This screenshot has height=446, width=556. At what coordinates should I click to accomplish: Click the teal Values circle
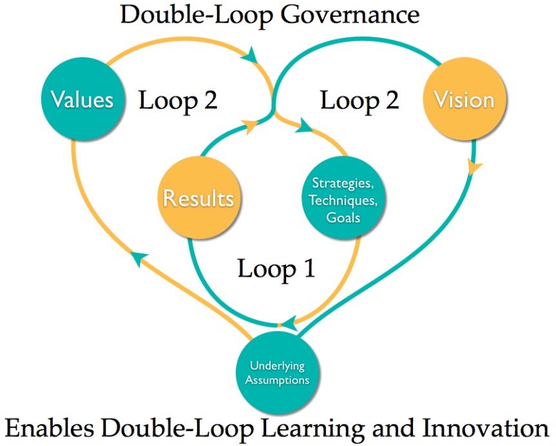pyautogui.click(x=82, y=100)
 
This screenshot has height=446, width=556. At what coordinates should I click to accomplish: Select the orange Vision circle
pyautogui.click(x=464, y=100)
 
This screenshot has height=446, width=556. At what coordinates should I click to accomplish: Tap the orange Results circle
pyautogui.click(x=198, y=198)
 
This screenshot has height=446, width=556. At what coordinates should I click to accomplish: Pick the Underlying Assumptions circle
pyautogui.click(x=279, y=373)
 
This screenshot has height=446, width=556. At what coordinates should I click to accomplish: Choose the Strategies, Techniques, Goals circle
pyautogui.click(x=343, y=200)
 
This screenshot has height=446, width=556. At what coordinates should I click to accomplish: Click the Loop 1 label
pyautogui.click(x=276, y=268)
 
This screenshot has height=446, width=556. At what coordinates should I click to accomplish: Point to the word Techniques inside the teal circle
pyautogui.click(x=343, y=200)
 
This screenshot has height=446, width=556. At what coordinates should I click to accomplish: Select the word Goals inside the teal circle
pyautogui.click(x=343, y=217)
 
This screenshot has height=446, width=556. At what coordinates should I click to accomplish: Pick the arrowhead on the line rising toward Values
pyautogui.click(x=137, y=259)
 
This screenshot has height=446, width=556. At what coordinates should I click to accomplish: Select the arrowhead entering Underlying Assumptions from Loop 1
pyautogui.click(x=291, y=320)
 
